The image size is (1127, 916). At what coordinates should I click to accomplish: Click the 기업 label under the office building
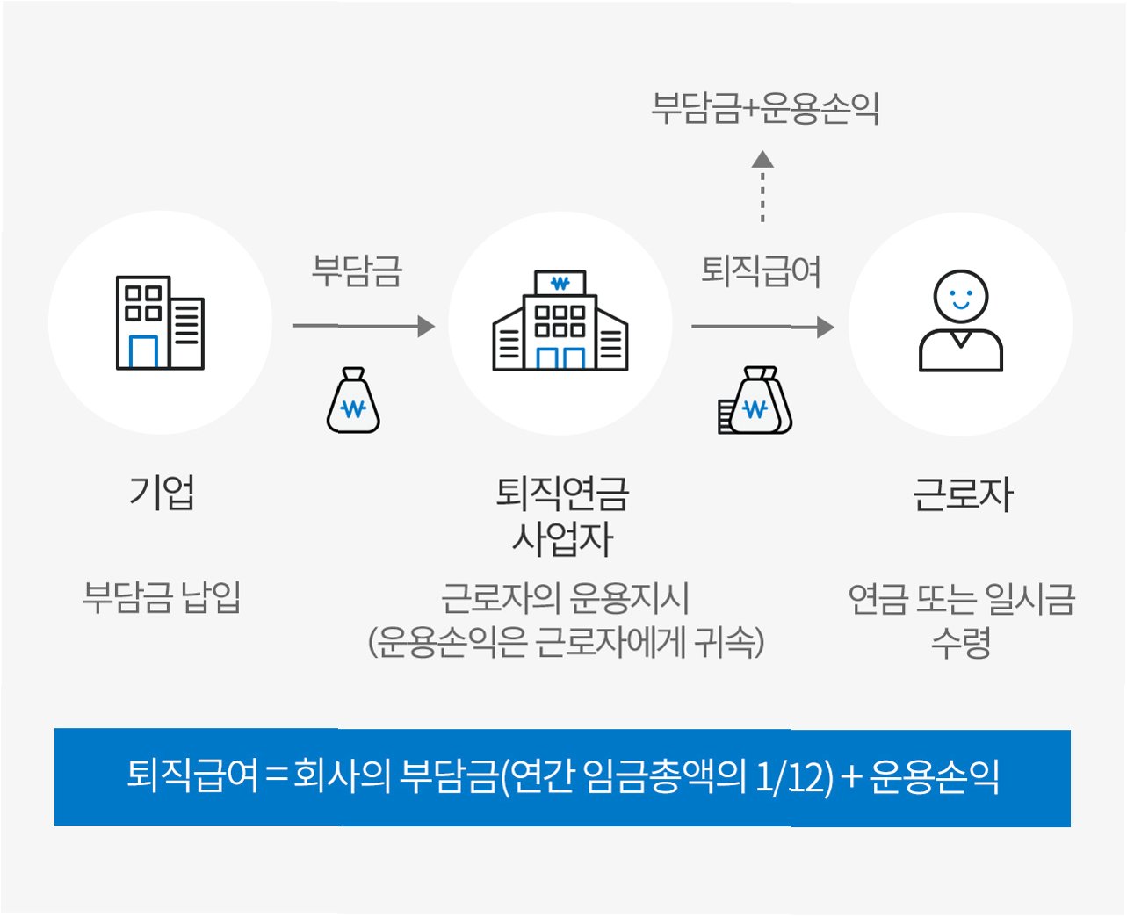162,492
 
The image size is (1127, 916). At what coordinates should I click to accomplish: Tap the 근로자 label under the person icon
963,494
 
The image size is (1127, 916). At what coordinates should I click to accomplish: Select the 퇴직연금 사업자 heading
562,516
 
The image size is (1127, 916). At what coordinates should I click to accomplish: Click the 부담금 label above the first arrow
357,270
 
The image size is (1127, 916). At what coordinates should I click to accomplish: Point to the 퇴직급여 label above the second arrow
762,270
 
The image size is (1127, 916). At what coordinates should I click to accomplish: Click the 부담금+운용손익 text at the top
765,107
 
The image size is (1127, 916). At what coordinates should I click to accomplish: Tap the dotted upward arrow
762,186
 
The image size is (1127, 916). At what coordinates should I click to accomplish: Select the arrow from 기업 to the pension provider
364,326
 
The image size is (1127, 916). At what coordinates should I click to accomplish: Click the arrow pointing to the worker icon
762,327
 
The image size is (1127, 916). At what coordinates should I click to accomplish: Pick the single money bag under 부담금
353,400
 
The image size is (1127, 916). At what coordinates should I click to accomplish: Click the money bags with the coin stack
755,400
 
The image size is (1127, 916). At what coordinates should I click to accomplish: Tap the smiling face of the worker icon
960,297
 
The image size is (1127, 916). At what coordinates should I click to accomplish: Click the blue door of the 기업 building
143,351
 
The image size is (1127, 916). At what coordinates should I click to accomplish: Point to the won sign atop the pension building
560,283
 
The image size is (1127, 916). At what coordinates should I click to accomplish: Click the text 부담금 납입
162,597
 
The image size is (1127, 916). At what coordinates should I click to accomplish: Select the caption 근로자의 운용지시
565,598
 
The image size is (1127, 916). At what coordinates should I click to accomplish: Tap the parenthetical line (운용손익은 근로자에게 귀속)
566,641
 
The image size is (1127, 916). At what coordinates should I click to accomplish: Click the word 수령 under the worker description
961,643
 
